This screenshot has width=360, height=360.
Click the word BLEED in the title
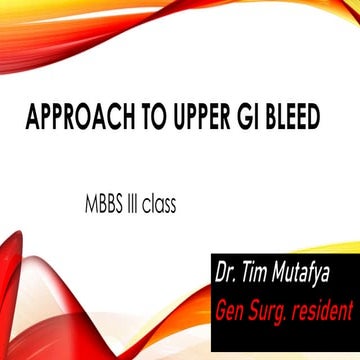tap(295, 117)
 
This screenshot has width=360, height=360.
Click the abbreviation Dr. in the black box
tap(226, 271)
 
